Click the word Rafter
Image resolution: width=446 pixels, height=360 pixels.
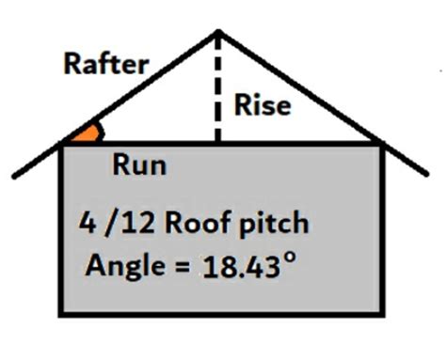point(105,64)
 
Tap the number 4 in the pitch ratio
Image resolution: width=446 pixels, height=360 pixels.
point(90,227)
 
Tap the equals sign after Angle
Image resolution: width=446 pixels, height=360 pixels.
point(179,267)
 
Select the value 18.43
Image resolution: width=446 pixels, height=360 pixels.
point(240,266)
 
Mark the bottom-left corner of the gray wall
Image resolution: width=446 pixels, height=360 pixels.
point(63,314)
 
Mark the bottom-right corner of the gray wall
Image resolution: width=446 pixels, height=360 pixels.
point(384,314)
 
